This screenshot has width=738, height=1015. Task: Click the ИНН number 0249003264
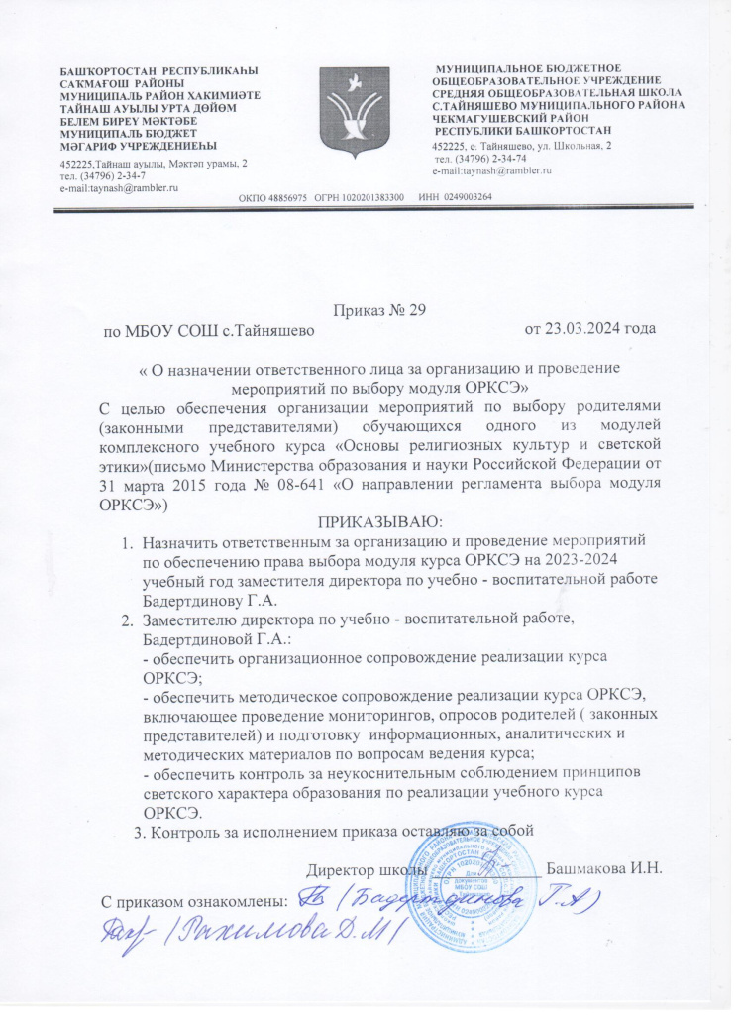pyautogui.click(x=465, y=197)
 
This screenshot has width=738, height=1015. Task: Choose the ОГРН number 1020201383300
pyautogui.click(x=370, y=197)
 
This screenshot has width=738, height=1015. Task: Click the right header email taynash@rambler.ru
pyautogui.click(x=499, y=170)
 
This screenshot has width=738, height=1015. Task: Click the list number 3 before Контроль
pyautogui.click(x=139, y=830)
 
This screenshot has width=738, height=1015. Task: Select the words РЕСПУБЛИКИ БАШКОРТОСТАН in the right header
pyautogui.click(x=524, y=131)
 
